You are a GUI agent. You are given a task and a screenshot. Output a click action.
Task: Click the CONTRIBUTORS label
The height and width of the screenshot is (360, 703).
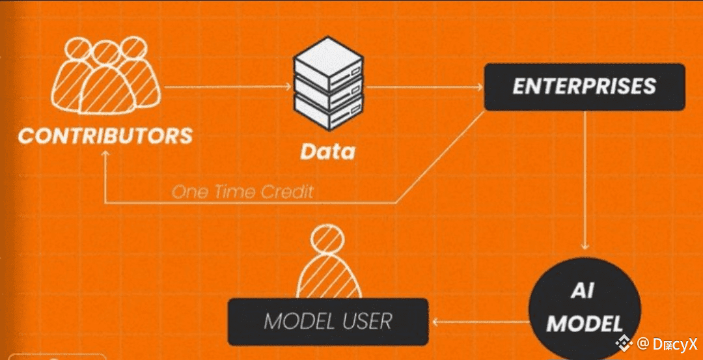click(x=105, y=136)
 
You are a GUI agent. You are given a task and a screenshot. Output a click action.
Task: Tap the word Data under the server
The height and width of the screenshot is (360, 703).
click(x=327, y=152)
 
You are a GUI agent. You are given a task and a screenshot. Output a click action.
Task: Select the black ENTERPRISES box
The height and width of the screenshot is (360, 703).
click(x=584, y=86)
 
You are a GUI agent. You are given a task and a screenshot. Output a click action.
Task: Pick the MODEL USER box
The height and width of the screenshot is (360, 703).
click(x=327, y=321)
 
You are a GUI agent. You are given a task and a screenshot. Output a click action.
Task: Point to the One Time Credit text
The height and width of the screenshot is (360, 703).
click(x=242, y=191)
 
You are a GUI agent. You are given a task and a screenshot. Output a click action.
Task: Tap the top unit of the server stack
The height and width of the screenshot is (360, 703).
click(x=327, y=62)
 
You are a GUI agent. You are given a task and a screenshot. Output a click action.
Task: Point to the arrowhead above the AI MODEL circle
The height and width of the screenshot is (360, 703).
click(x=585, y=246)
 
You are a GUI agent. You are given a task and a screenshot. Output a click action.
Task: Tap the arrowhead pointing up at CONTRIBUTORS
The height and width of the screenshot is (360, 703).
click(x=105, y=154)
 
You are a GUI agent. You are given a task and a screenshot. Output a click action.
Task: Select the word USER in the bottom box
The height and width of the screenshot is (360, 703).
click(x=368, y=321)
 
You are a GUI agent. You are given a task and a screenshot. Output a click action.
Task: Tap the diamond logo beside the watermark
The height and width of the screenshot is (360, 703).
click(x=625, y=342)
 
